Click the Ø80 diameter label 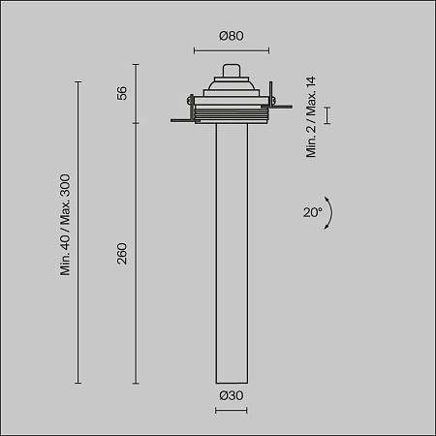point(230,36)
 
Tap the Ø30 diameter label point(230,395)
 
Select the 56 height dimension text point(122,93)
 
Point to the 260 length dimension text point(122,255)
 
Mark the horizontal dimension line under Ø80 point(230,50)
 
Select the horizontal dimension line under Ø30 point(230,411)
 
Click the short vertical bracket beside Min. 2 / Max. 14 point(327,116)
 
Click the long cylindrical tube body point(230,252)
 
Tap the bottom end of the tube point(230,381)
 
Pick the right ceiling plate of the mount point(277,121)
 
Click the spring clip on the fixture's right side point(272,98)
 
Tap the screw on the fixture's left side point(187,97)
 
